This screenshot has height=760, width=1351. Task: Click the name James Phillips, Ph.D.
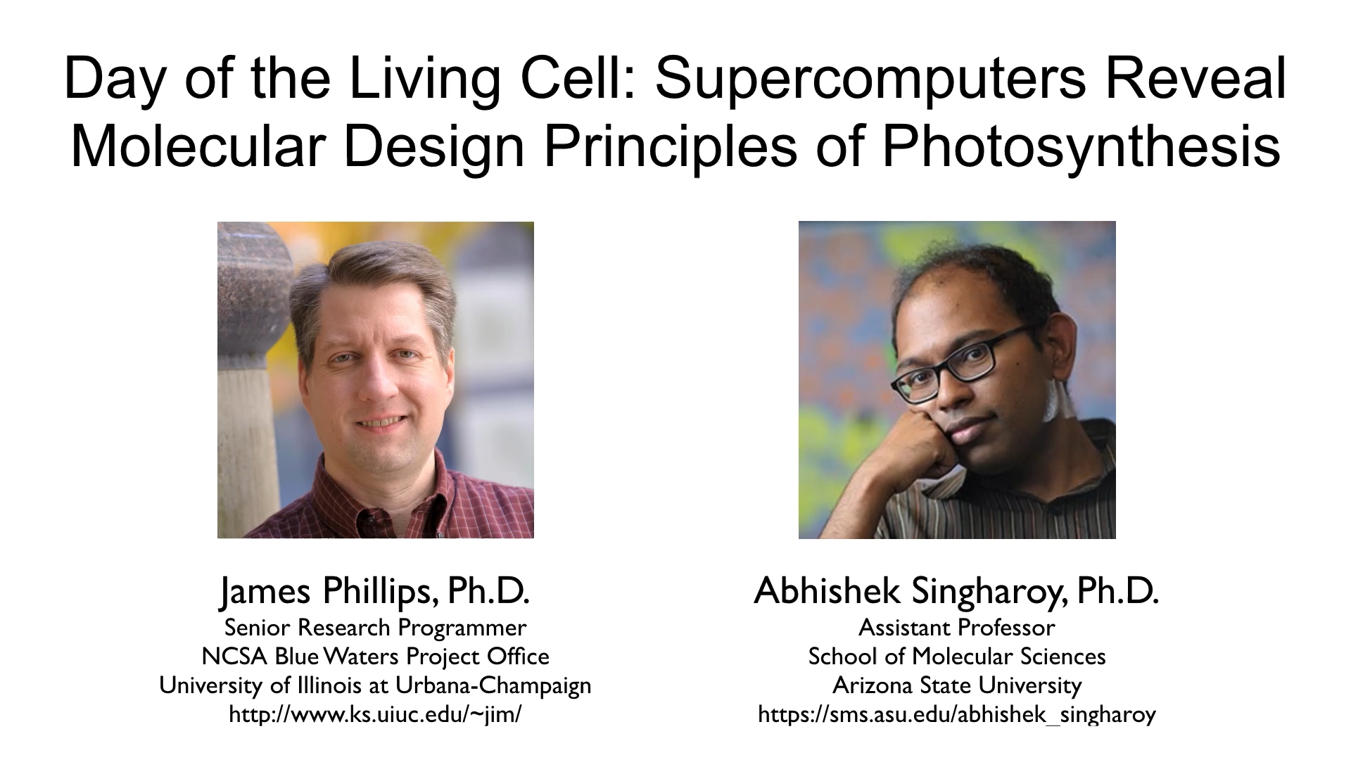[375, 591]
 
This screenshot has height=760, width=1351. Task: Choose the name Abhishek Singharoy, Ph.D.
[956, 591]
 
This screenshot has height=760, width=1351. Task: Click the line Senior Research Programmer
[375, 627]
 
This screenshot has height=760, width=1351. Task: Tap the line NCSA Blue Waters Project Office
[375, 656]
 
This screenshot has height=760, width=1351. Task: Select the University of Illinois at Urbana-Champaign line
[375, 685]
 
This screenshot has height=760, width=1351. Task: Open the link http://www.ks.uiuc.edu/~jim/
[375, 714]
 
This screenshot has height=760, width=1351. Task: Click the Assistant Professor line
[956, 627]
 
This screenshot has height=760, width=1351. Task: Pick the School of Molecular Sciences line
[956, 656]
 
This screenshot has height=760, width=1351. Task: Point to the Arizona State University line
[956, 685]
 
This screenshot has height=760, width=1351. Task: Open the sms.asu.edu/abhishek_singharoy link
[956, 714]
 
